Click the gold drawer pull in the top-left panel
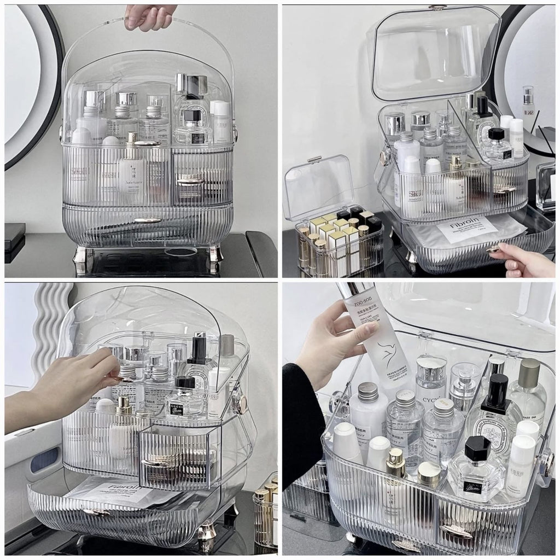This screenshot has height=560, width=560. pyautogui.click(x=148, y=220)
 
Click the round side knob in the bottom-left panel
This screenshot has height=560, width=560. pyautogui.click(x=239, y=403)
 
